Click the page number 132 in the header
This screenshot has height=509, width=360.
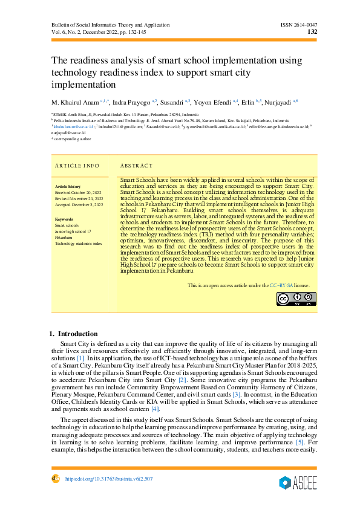312,33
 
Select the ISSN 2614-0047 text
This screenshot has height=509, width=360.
299,25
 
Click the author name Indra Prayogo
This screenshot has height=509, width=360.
133,102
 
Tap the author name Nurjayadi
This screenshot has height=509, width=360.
280,102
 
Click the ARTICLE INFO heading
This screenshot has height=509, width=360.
77,165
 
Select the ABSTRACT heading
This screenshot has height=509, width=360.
136,165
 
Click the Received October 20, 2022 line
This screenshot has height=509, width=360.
79,193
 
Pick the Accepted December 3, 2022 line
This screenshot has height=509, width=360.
79,205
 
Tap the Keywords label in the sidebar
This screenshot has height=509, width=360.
64,219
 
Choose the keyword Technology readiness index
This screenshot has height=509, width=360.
79,242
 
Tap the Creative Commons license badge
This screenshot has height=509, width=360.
296,299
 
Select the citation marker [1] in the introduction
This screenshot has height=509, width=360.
80,359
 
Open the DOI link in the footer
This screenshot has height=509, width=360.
108,479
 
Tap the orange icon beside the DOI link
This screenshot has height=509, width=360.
55,478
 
